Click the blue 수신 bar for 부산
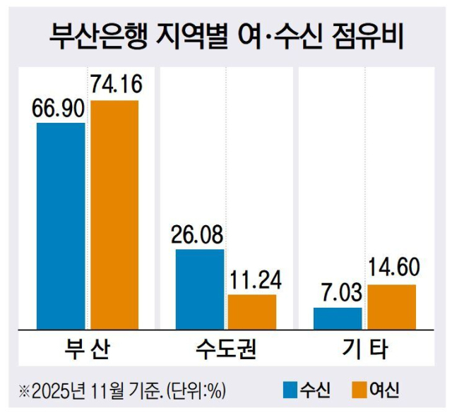pyautogui.click(x=61, y=225)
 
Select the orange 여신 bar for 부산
pyautogui.click(x=114, y=214)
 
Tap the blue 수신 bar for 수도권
pyautogui.click(x=200, y=288)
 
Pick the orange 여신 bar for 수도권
pyautogui.click(x=252, y=311)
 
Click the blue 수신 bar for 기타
pyautogui.click(x=338, y=318)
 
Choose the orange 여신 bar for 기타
pyautogui.click(x=391, y=306)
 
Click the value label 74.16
pyautogui.click(x=116, y=86)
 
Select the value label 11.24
pyautogui.click(x=254, y=281)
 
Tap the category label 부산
pyautogui.click(x=85, y=349)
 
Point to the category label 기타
pyautogui.click(x=365, y=349)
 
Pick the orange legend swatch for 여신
pyautogui.click(x=358, y=389)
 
